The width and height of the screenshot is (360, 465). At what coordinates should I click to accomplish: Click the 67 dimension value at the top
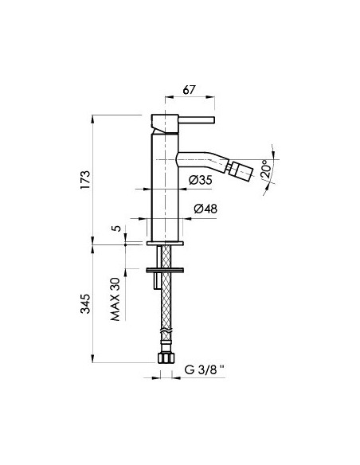190,89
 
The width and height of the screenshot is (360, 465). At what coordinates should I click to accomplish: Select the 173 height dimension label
84,180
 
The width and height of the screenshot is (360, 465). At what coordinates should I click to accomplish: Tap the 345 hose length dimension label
85,303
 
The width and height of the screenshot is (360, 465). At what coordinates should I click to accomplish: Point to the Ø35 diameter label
201,180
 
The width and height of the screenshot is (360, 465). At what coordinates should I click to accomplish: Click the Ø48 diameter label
205,209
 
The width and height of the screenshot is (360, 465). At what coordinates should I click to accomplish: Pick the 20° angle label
267,169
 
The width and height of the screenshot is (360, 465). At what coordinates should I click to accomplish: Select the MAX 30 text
115,299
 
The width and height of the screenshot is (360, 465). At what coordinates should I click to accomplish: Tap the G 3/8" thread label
205,369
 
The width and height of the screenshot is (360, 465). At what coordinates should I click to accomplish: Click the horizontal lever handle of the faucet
197,119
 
